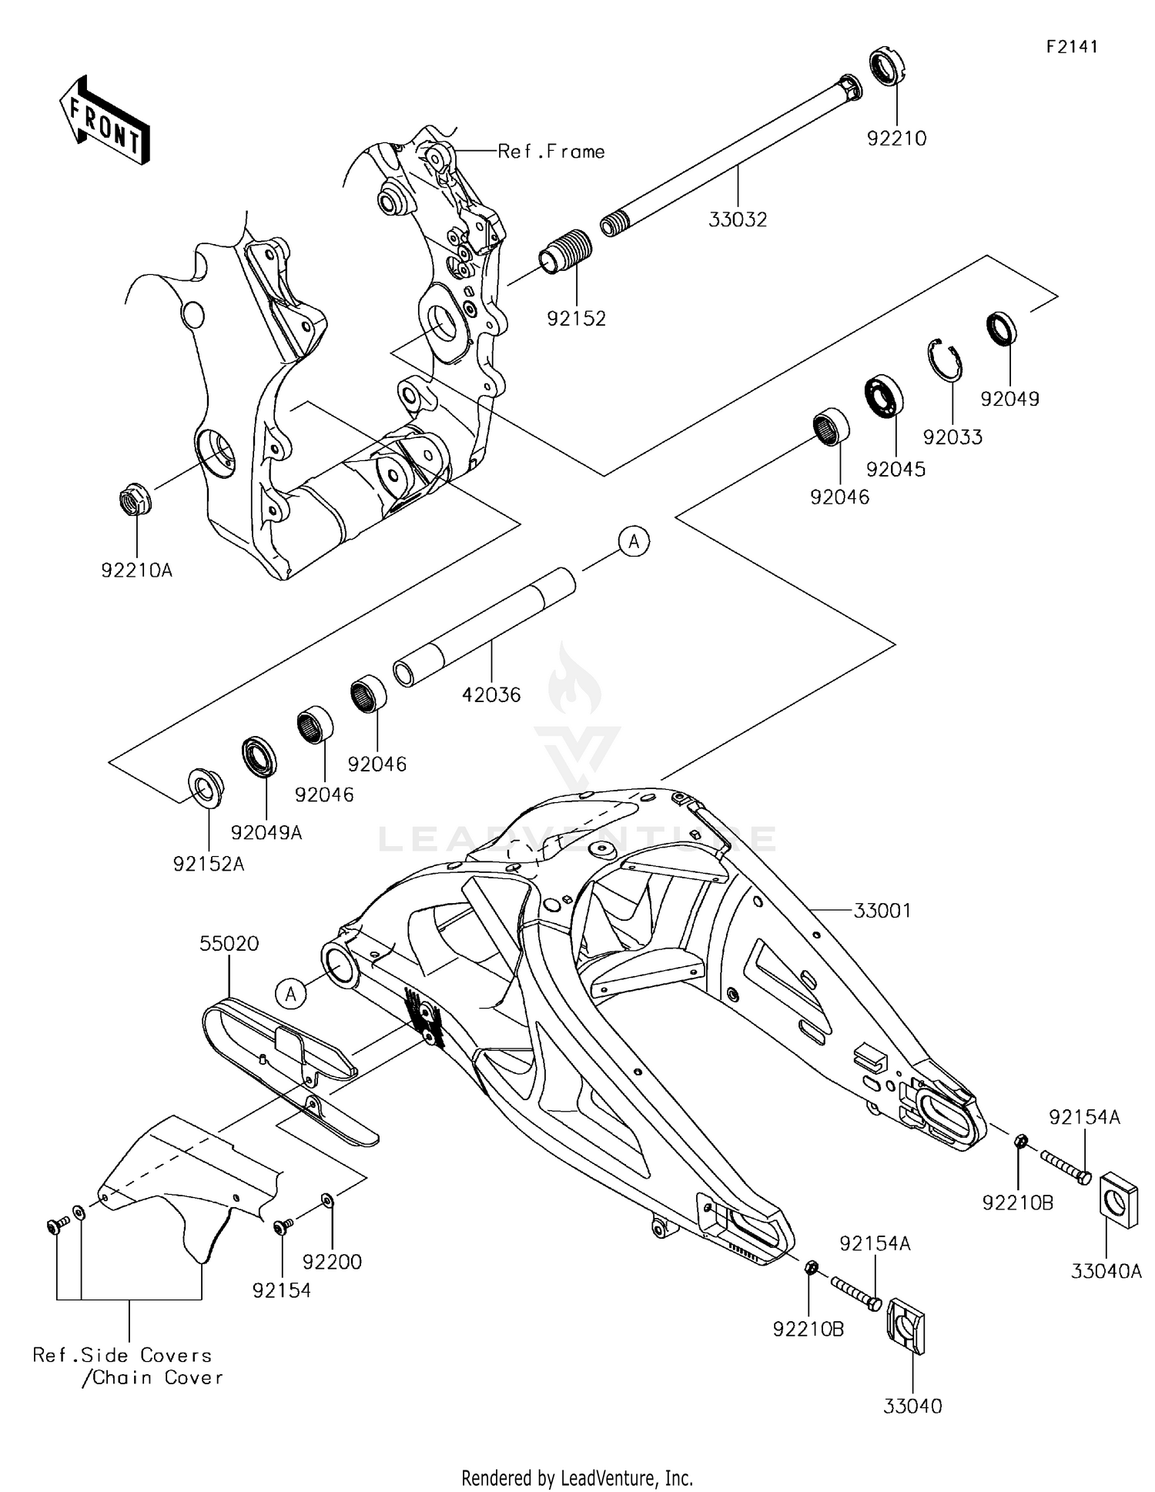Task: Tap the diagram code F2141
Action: coord(1072,47)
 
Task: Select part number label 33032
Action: coord(738,219)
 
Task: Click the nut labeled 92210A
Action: coord(136,500)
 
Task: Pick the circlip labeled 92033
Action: coord(945,359)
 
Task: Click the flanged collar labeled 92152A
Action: coord(206,788)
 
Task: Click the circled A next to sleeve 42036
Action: coord(634,542)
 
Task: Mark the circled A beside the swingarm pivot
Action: coord(291,994)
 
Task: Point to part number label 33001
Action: coord(882,911)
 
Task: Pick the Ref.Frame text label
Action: coord(551,152)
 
